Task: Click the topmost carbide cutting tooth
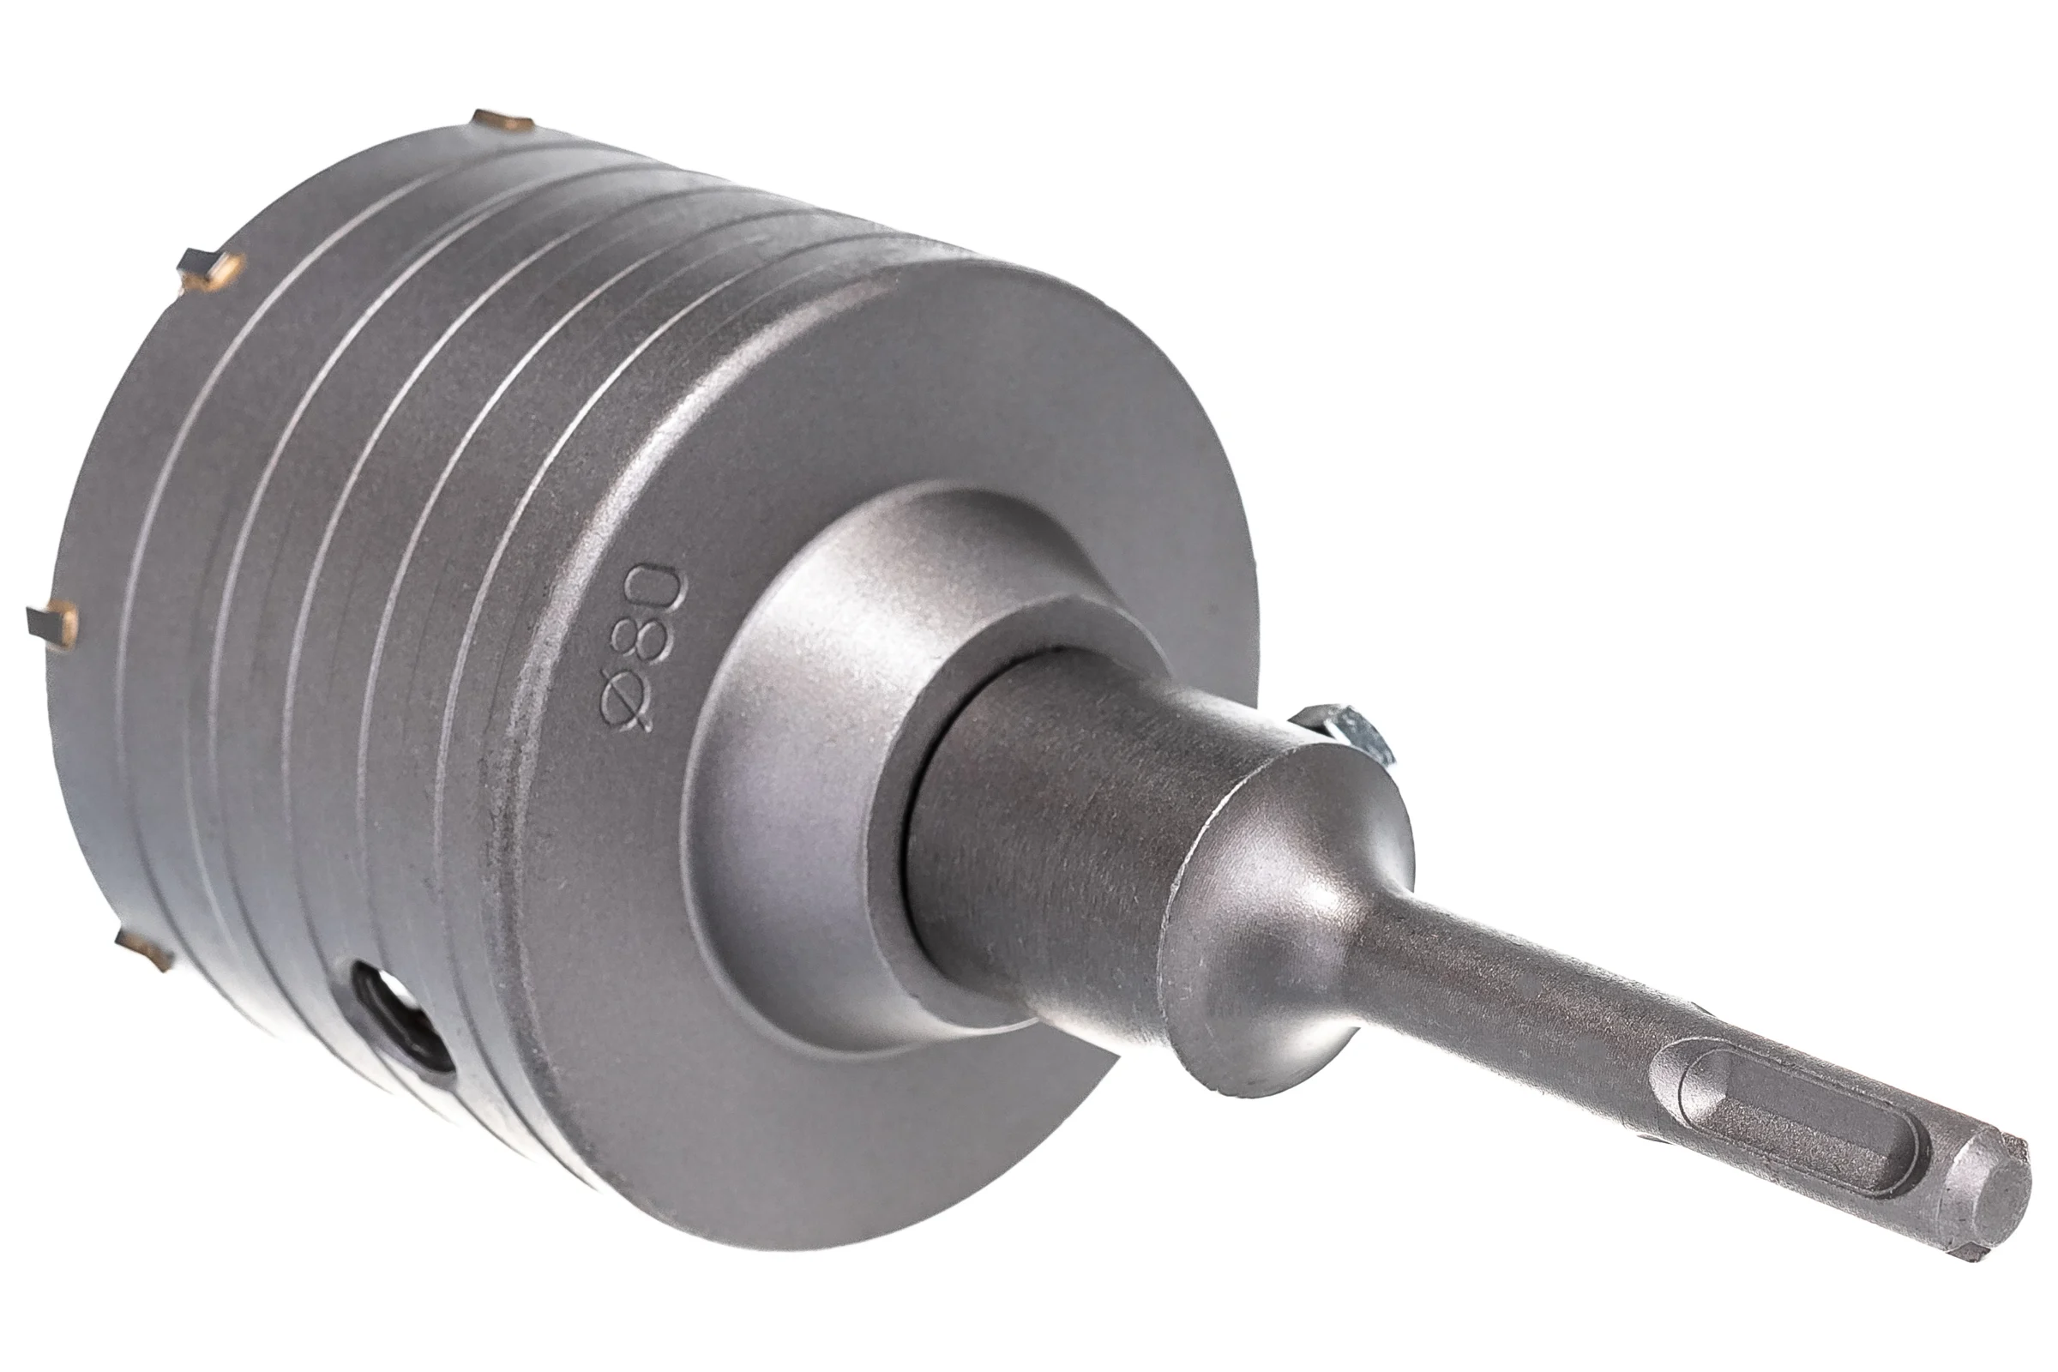pos(498,121)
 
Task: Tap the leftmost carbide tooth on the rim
pos(51,623)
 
